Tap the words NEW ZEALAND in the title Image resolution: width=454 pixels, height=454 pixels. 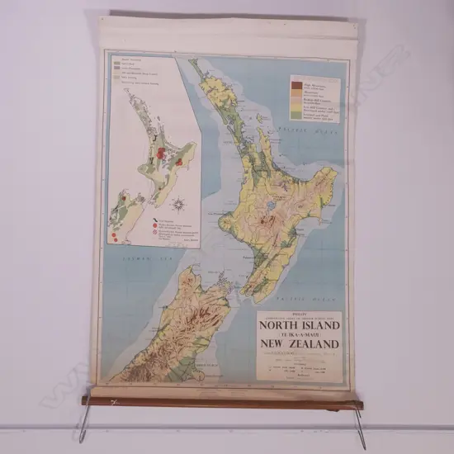coord(299,343)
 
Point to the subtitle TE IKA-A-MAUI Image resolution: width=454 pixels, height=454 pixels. coord(299,333)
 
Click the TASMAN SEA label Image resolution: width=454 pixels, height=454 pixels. coord(135,259)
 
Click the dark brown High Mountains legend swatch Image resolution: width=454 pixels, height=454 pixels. coord(297,82)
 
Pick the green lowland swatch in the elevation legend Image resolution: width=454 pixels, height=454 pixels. coord(297,115)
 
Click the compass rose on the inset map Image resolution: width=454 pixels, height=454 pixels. coord(178,202)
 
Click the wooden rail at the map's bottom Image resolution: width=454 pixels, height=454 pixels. coord(223,402)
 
